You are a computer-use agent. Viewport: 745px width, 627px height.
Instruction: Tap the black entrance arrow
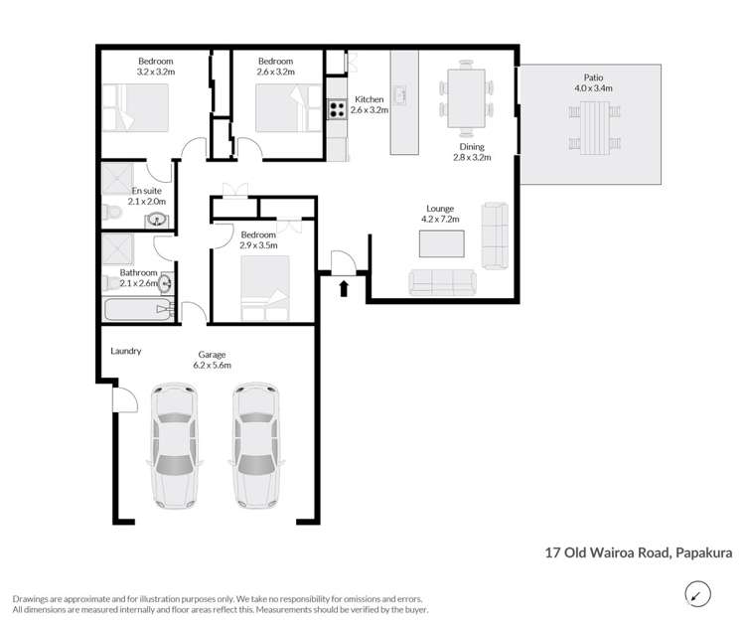click(x=345, y=288)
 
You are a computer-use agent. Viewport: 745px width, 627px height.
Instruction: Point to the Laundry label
click(x=127, y=351)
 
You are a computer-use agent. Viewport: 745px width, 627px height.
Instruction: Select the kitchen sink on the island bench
click(x=402, y=96)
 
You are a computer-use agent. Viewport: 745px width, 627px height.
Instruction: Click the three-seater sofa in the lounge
click(x=442, y=282)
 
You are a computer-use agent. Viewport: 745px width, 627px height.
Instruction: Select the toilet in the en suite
click(x=112, y=212)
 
